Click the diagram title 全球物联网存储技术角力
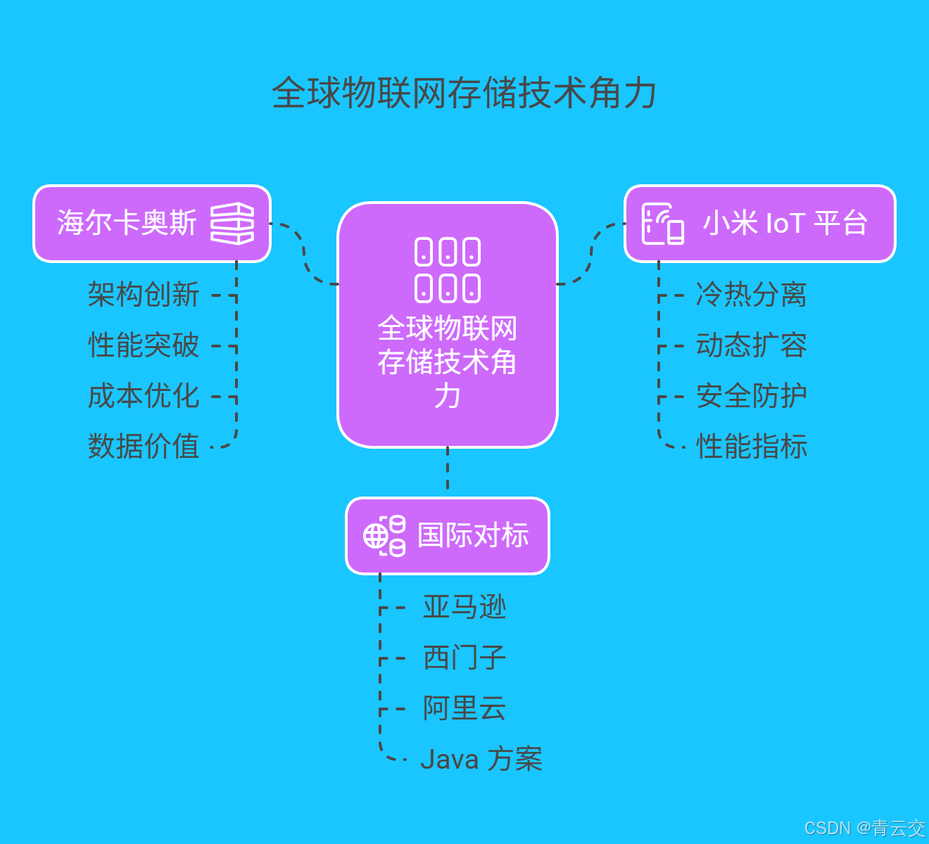click(464, 93)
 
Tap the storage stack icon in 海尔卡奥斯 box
click(232, 224)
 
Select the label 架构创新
click(144, 295)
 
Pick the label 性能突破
click(144, 345)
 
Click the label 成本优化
click(144, 396)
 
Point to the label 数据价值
click(144, 447)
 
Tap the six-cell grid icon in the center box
click(448, 270)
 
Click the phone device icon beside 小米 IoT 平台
click(662, 224)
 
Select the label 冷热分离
click(751, 295)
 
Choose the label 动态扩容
click(751, 345)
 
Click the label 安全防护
click(751, 396)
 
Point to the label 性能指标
click(751, 447)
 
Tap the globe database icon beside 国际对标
click(384, 536)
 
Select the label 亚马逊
click(464, 607)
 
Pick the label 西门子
click(464, 658)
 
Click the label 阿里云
click(464, 708)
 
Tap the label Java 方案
click(481, 760)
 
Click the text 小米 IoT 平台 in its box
click(785, 224)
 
